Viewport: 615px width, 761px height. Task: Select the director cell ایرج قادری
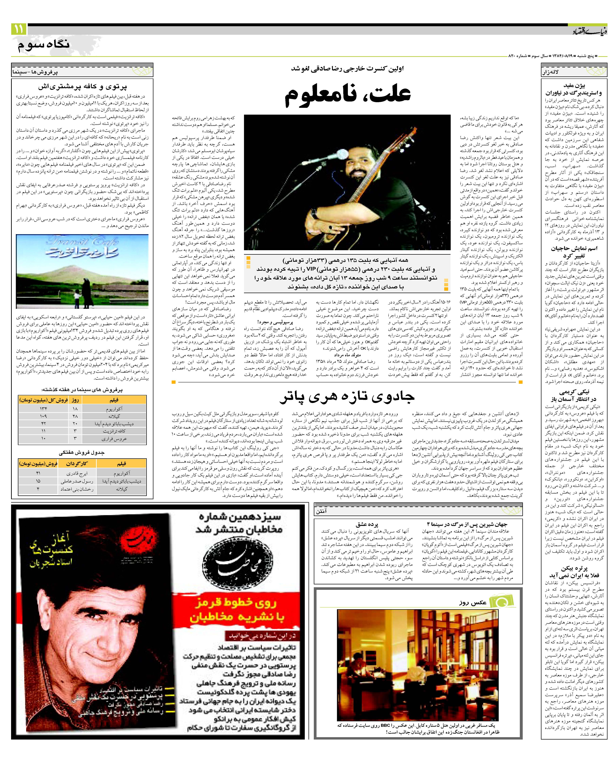point(77,473)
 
